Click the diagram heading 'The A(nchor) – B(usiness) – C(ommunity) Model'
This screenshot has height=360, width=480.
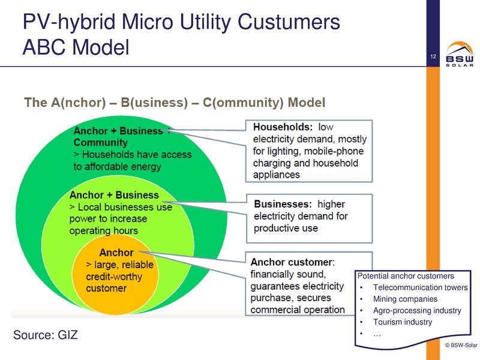[x=175, y=102]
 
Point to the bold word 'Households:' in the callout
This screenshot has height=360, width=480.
[x=283, y=127]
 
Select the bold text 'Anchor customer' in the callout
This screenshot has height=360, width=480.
[x=291, y=262]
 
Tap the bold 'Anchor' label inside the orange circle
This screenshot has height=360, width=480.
[x=116, y=253]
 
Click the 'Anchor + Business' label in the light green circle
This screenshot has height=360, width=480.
[x=114, y=195]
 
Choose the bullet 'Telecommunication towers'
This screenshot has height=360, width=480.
[x=420, y=288]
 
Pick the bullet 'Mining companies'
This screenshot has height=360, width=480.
[x=405, y=299]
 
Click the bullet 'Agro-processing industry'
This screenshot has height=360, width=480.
[x=417, y=311]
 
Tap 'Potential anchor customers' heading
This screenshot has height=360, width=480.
[x=406, y=277]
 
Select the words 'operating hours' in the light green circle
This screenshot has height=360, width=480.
[x=103, y=231]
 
